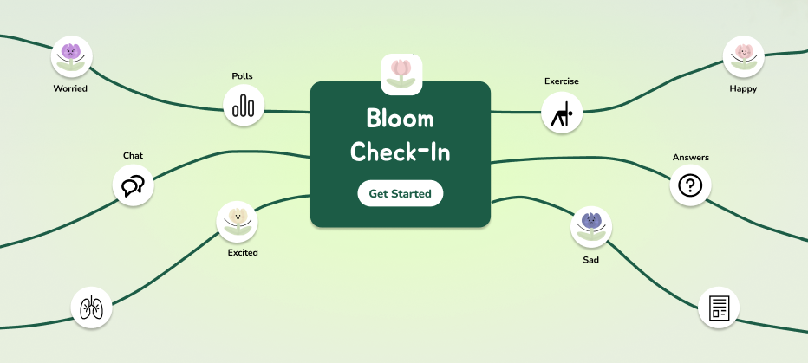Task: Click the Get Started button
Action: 400,193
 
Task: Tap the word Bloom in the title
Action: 400,118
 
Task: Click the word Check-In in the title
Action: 400,152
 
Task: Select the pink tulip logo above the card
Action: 401,75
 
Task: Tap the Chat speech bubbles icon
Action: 134,185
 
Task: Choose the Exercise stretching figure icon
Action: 563,113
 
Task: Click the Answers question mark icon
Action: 690,185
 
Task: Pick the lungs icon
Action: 90,308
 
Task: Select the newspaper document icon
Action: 719,308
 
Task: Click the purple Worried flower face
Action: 71,56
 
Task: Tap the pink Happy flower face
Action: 743,56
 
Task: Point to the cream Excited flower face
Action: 238,221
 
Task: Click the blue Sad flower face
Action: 590,226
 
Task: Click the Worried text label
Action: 70,88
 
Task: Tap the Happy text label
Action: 743,88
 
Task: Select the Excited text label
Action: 243,253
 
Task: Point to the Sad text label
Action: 590,258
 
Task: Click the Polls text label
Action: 243,76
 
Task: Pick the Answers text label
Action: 690,158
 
